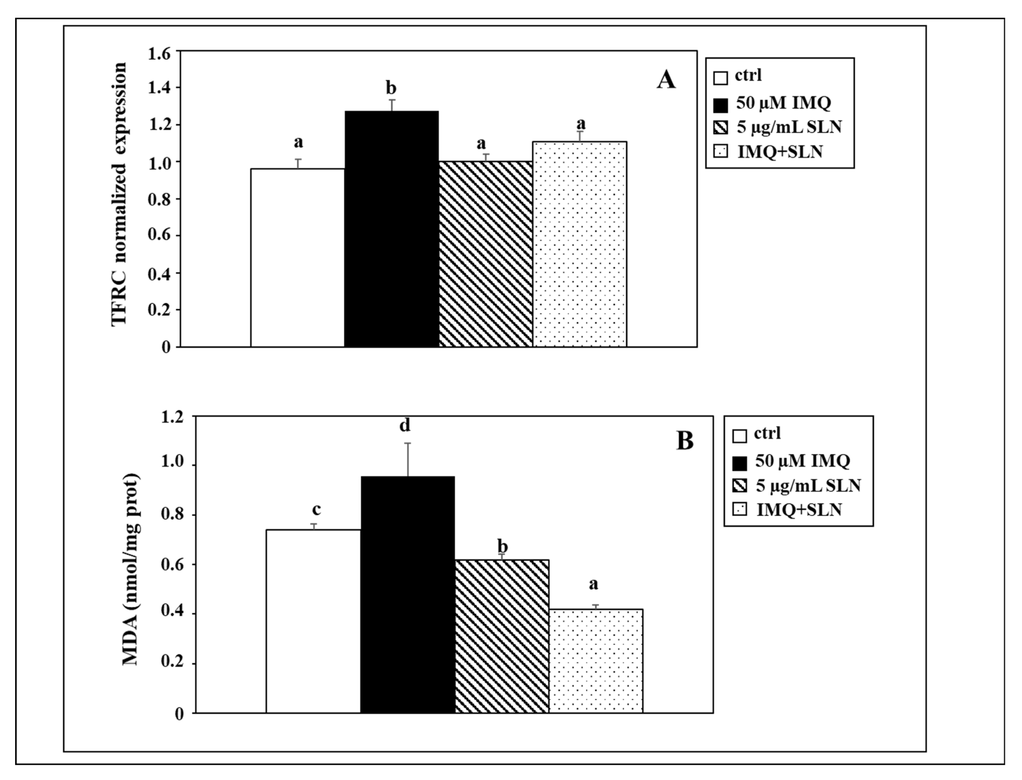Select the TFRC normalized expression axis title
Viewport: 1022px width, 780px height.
pyautogui.click(x=119, y=195)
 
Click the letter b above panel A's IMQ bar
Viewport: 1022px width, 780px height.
pyautogui.click(x=391, y=88)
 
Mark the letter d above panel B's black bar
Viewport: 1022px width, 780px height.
pyautogui.click(x=405, y=425)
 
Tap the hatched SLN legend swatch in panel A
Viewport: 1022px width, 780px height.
pyautogui.click(x=720, y=127)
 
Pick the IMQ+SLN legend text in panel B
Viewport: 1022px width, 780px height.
pyautogui.click(x=799, y=510)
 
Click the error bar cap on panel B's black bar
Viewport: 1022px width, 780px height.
pyautogui.click(x=408, y=443)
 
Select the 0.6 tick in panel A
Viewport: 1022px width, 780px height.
pyautogui.click(x=159, y=236)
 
